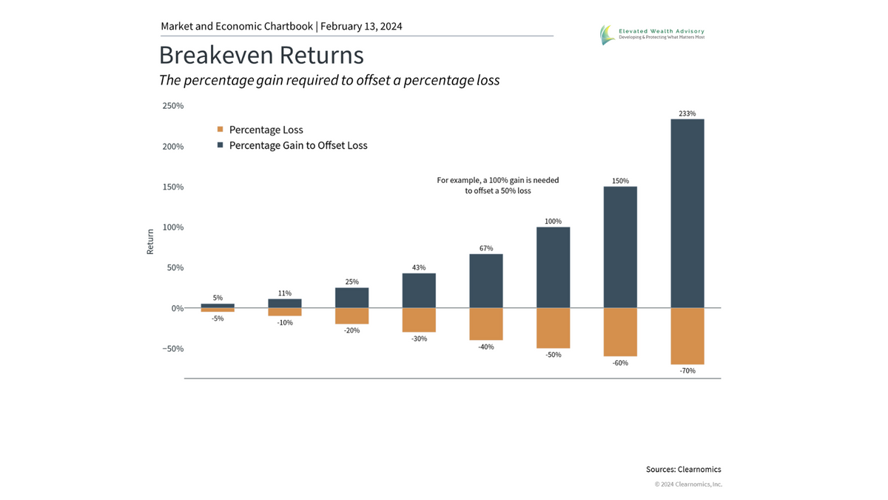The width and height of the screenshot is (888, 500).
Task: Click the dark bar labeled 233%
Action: click(x=687, y=213)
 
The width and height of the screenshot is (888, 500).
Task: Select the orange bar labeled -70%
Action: click(x=687, y=336)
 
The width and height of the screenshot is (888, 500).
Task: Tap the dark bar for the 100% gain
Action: click(x=553, y=267)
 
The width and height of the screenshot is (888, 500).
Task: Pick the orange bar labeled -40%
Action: click(x=485, y=324)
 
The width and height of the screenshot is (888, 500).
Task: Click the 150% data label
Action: click(x=620, y=181)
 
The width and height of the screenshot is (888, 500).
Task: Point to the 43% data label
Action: click(x=419, y=267)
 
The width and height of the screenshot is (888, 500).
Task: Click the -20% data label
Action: click(x=351, y=330)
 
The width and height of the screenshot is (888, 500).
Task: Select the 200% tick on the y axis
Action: click(x=172, y=147)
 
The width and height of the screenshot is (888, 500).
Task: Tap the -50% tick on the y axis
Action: click(x=172, y=349)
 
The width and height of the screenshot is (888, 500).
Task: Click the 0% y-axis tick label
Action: click(x=176, y=308)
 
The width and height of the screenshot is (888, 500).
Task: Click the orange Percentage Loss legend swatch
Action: click(x=220, y=130)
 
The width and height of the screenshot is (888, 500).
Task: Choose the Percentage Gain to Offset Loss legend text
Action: click(x=298, y=146)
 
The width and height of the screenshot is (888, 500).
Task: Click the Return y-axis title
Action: click(x=150, y=241)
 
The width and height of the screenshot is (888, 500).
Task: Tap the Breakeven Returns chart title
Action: click(x=261, y=56)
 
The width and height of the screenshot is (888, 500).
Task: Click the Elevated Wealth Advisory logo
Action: click(x=651, y=34)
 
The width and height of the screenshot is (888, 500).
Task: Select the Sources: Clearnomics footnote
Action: click(x=683, y=470)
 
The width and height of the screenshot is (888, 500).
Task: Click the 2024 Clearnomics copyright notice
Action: click(x=688, y=484)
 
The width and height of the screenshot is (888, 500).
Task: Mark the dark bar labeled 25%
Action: click(x=351, y=298)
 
